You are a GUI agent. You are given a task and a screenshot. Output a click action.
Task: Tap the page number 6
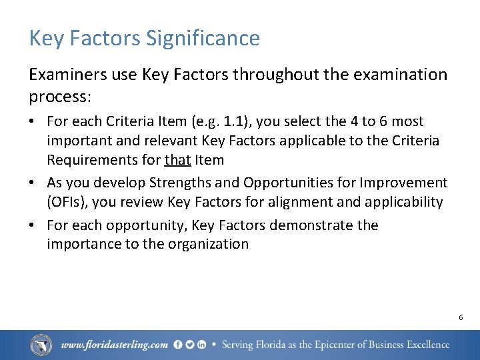point(461,317)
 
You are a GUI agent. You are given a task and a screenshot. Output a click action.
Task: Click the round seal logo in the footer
point(41,345)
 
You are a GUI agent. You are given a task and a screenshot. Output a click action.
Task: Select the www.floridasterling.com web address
point(114,345)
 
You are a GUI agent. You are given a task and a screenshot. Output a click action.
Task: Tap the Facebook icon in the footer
point(178,345)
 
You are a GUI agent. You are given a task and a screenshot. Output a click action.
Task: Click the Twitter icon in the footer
point(189,345)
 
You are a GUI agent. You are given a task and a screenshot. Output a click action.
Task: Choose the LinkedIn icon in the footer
point(201,345)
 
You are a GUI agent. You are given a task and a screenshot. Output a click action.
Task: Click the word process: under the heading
point(59,97)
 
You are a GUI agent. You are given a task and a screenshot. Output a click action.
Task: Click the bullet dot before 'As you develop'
point(33,183)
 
